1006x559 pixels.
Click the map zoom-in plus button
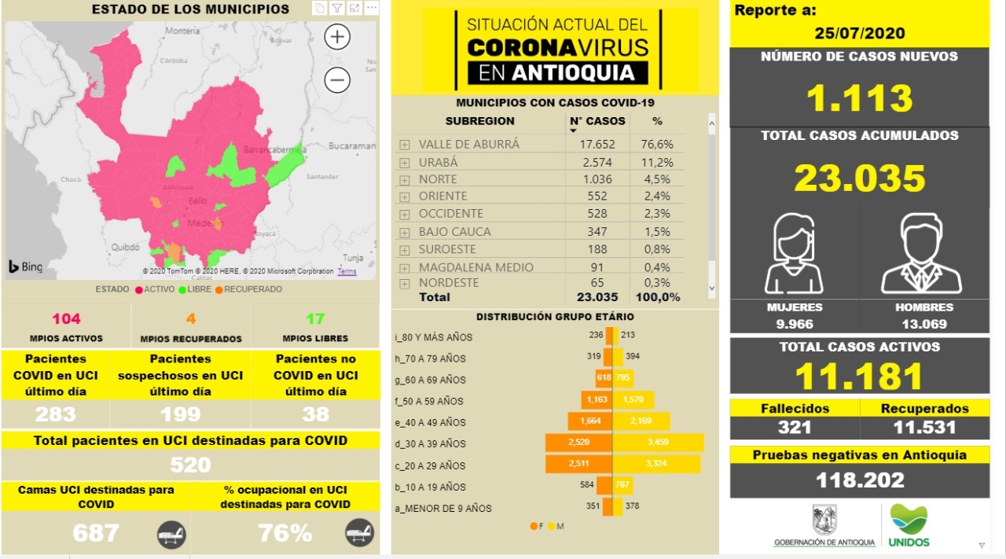click(x=337, y=37)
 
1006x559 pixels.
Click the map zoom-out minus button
click(x=337, y=79)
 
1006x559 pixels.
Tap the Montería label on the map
click(x=182, y=31)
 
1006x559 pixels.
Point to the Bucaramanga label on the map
click(x=352, y=146)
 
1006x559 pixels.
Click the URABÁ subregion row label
click(x=438, y=163)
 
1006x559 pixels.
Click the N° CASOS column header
click(x=597, y=121)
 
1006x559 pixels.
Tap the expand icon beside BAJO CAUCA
click(x=404, y=232)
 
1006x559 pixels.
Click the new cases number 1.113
click(x=859, y=98)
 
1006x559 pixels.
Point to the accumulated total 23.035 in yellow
click(x=859, y=178)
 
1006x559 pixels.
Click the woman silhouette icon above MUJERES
click(x=795, y=254)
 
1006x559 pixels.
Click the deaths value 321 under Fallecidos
click(x=795, y=428)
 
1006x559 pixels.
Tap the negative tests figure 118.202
click(x=859, y=480)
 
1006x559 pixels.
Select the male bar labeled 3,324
click(x=656, y=465)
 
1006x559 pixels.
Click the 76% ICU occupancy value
click(x=285, y=533)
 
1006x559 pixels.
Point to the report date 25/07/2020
click(x=859, y=33)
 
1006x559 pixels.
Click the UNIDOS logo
click(x=909, y=526)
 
